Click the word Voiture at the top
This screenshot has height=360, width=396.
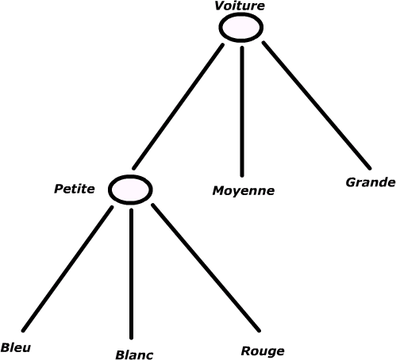pyautogui.click(x=240, y=6)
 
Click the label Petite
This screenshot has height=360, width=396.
pyautogui.click(x=75, y=189)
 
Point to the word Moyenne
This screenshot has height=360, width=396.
pyautogui.click(x=244, y=191)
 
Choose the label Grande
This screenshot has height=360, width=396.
pyautogui.click(x=371, y=182)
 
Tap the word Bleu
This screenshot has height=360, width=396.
pyautogui.click(x=16, y=347)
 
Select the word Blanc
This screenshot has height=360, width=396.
pyautogui.click(x=134, y=354)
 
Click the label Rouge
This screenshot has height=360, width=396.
pyautogui.click(x=263, y=351)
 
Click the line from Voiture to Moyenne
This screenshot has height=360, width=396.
pyautogui.click(x=242, y=112)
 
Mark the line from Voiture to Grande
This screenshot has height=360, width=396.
pyautogui.click(x=317, y=105)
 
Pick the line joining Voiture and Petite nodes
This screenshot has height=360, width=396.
pyautogui.click(x=178, y=106)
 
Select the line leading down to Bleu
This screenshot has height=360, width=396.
pyautogui.click(x=67, y=269)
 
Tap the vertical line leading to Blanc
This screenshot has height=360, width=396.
pyautogui.click(x=131, y=274)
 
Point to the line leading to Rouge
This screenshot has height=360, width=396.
pyautogui.click(x=206, y=267)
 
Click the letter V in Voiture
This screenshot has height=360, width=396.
pyautogui.click(x=220, y=6)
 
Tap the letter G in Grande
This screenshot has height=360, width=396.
pyautogui.click(x=351, y=182)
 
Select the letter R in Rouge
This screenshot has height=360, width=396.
pyautogui.click(x=246, y=350)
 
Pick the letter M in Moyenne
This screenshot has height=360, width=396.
pyautogui.click(x=219, y=190)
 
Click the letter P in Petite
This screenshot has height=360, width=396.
pyautogui.click(x=59, y=189)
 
